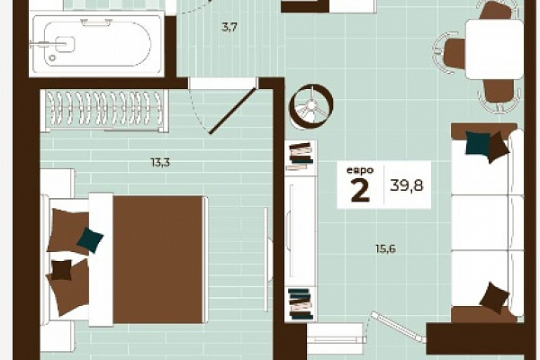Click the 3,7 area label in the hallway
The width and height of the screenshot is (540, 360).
(229, 27)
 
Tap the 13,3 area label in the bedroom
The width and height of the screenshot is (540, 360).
(160, 162)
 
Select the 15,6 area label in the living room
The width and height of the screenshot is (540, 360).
(385, 248)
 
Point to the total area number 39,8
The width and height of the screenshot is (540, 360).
(407, 185)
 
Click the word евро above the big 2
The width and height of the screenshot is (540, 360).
(360, 170)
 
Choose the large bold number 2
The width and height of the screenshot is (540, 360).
(360, 190)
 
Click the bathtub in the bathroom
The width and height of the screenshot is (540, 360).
(96, 45)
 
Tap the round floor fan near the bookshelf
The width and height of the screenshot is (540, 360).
(311, 105)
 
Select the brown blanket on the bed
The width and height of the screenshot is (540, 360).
(157, 259)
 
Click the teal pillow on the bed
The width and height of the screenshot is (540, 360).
(90, 240)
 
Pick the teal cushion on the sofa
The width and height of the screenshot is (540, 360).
(477, 143)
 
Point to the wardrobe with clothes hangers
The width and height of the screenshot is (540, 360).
(104, 111)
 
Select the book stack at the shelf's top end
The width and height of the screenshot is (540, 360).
(301, 156)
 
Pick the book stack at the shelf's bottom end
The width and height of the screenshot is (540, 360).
(301, 303)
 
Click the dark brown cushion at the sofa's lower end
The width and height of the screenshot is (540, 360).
(494, 298)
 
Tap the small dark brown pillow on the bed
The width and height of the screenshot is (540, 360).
(62, 270)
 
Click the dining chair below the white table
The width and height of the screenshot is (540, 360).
(500, 94)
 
